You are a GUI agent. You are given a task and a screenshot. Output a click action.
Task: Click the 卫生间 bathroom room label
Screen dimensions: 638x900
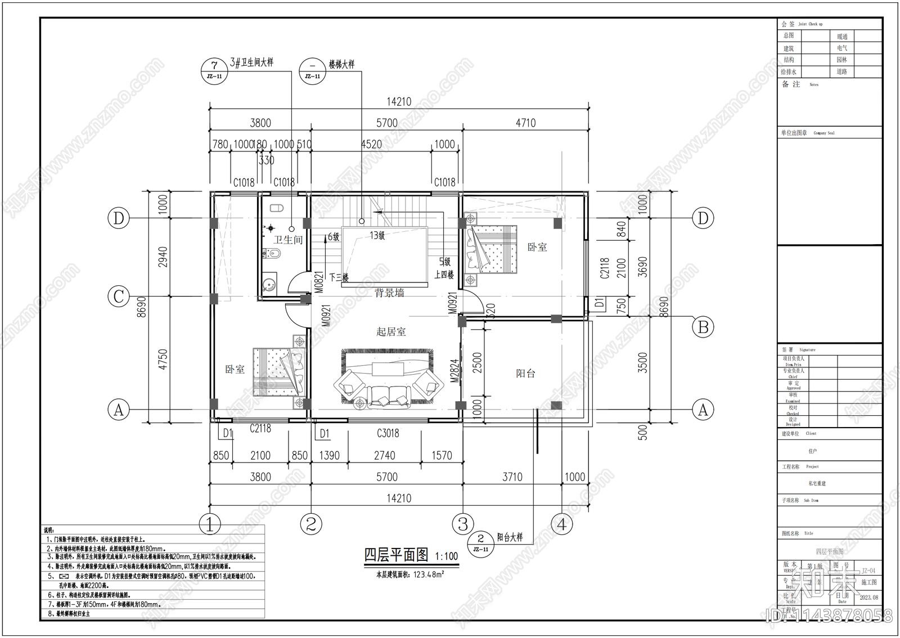point(288,240)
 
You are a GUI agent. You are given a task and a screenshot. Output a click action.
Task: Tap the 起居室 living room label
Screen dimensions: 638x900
point(391,332)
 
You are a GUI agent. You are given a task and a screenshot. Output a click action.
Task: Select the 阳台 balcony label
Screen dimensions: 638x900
point(525,374)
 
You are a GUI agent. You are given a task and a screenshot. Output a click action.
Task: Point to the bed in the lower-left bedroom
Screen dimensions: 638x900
point(278,372)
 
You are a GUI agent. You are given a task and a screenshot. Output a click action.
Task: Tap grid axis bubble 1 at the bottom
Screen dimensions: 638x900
point(210,524)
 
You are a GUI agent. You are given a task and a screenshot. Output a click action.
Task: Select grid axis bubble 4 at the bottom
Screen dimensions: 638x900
point(561,524)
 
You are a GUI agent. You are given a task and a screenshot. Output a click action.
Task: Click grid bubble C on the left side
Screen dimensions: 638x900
point(119,296)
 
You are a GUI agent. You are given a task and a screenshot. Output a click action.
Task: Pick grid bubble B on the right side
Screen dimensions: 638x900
point(703,327)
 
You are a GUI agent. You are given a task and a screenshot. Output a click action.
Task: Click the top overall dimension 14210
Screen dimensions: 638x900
point(398,102)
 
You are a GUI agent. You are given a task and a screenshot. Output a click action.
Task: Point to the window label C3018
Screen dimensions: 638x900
point(388,433)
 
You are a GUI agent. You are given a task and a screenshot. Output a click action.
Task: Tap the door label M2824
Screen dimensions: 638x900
point(455,371)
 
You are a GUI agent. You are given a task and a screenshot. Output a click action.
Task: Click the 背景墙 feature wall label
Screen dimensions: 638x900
point(389,293)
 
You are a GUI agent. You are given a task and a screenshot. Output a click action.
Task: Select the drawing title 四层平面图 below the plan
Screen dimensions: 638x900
point(396,555)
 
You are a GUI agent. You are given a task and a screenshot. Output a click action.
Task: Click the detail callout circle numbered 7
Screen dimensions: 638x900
point(214,71)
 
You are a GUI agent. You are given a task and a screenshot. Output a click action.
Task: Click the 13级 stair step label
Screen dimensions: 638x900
point(377,235)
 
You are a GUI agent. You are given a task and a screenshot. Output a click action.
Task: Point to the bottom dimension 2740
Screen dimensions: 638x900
point(384,455)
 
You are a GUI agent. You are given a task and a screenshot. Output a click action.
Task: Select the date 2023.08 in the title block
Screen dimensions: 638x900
point(868,597)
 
